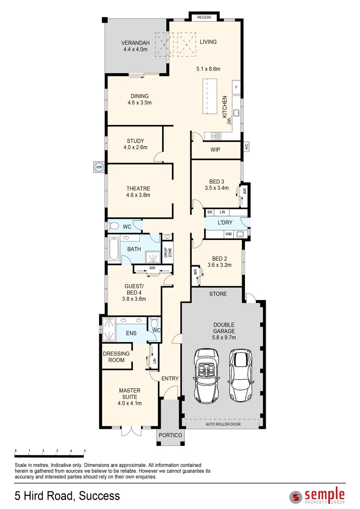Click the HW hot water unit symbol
point(99,167)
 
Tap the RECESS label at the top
point(204,17)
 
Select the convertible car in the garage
point(206,376)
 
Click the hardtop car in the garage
point(241,375)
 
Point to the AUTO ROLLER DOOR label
point(223,424)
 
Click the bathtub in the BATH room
point(114,249)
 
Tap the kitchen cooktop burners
point(216,136)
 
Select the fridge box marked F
point(236,88)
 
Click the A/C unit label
point(246,147)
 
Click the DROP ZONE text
point(167,254)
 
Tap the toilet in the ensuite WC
point(154,324)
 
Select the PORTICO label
point(170,435)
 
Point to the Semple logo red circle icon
point(295,496)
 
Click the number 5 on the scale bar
point(84,451)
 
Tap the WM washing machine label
point(228,234)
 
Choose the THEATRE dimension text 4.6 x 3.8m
point(138,195)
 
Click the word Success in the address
point(99,496)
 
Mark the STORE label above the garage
point(218,294)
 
